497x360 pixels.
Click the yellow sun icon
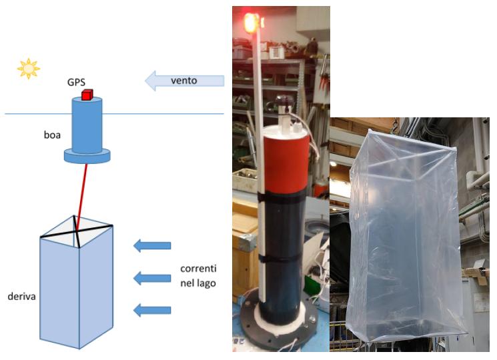29,69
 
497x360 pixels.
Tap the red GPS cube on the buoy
87,95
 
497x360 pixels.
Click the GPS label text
77,82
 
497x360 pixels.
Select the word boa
52,135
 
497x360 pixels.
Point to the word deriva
21,297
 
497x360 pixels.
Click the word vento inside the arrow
184,81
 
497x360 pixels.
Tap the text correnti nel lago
198,276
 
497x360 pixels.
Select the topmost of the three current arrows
153,246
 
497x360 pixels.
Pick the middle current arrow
153,278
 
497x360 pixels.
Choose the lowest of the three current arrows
153,310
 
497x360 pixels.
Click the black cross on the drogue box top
77,231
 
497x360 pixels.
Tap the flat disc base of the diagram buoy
87,157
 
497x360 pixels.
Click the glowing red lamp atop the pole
250,23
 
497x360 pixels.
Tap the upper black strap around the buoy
282,197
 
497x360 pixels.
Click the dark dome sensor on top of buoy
285,101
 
